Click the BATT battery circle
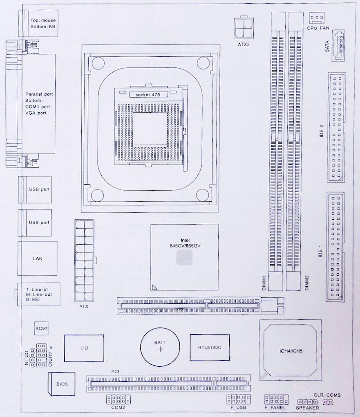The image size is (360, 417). [x=161, y=347]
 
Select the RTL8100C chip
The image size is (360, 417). [x=209, y=348]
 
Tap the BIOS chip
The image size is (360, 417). [x=62, y=384]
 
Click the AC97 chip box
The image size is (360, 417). [x=42, y=328]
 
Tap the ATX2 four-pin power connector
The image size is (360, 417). [x=244, y=28]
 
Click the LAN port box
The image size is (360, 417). [x=38, y=258]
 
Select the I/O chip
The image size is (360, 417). [x=84, y=348]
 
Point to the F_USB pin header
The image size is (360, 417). [x=238, y=399]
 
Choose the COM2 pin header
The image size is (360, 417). [x=118, y=399]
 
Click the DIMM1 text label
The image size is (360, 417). [x=264, y=282]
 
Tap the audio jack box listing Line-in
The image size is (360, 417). [x=38, y=294]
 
